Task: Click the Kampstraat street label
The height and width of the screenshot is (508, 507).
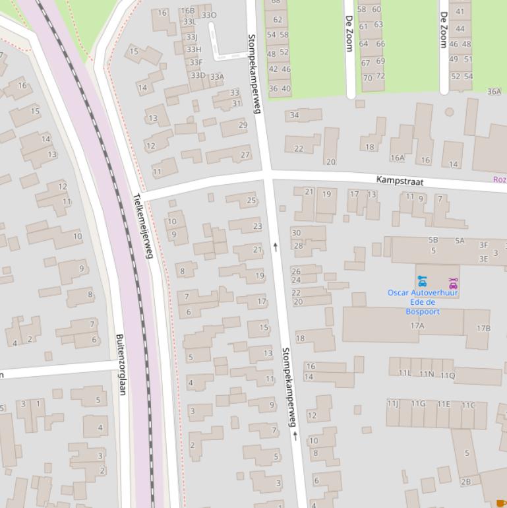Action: click(400, 180)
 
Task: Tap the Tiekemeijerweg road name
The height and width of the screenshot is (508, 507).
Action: click(142, 226)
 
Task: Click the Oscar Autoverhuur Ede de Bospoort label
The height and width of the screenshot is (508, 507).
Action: click(423, 302)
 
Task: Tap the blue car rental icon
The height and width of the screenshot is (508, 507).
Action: click(422, 282)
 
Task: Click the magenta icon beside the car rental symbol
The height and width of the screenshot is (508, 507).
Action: click(453, 283)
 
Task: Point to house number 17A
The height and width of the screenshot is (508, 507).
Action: click(417, 326)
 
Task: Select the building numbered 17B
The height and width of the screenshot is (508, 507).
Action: click(483, 328)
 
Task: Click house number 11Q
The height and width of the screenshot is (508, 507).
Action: click(447, 375)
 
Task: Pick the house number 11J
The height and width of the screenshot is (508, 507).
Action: click(393, 403)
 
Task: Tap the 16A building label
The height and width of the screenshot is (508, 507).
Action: click(397, 158)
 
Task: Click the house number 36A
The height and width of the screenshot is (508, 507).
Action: click(494, 92)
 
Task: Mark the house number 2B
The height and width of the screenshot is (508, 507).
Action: click(465, 482)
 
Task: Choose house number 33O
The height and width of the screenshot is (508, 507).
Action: click(209, 15)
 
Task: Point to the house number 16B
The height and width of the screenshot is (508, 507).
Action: click(188, 11)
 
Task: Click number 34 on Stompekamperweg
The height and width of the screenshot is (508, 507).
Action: click(294, 115)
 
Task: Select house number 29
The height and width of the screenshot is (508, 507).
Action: click(243, 125)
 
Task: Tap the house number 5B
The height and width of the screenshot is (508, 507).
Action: click(433, 240)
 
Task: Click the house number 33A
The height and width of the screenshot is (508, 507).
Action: click(217, 77)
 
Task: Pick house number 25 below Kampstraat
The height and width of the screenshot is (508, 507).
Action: click(251, 201)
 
